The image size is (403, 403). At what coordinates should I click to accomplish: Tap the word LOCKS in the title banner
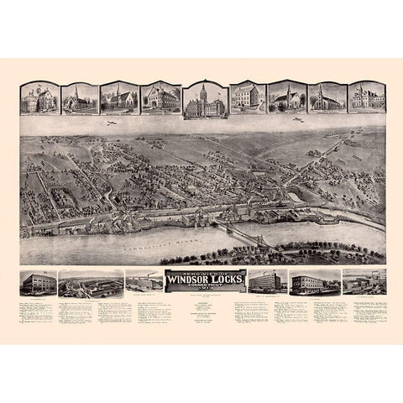pos(220,281)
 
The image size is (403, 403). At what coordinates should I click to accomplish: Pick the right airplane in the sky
pos(296,120)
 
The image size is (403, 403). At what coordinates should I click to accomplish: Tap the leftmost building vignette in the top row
pos(39,99)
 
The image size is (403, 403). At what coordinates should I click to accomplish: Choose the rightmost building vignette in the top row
pos(366,99)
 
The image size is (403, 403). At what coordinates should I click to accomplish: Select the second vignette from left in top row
pos(78,99)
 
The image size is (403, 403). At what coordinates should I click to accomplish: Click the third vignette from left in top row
pos(118,99)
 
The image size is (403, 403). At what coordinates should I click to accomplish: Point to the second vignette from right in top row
pos(327,99)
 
